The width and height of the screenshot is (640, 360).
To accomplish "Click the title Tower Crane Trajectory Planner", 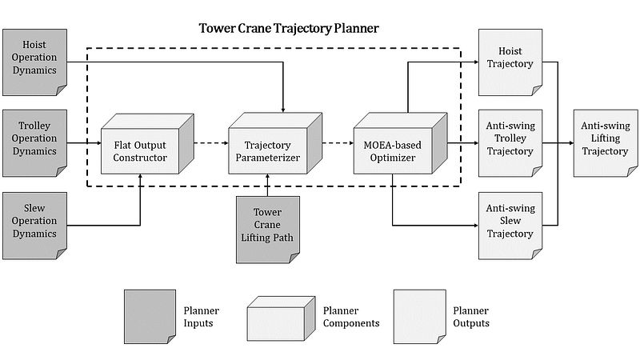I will [x=289, y=29].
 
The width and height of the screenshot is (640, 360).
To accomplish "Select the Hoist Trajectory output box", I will [x=510, y=58].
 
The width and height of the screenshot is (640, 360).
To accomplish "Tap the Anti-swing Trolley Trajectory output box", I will [x=510, y=142].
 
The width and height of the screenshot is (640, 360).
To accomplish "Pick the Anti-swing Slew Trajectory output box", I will [x=510, y=221].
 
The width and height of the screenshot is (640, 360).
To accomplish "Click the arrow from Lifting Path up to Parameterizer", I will [x=267, y=185].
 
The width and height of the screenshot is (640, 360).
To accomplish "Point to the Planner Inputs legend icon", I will [x=148, y=316].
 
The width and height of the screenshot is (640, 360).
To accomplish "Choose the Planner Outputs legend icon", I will [x=418, y=316].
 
